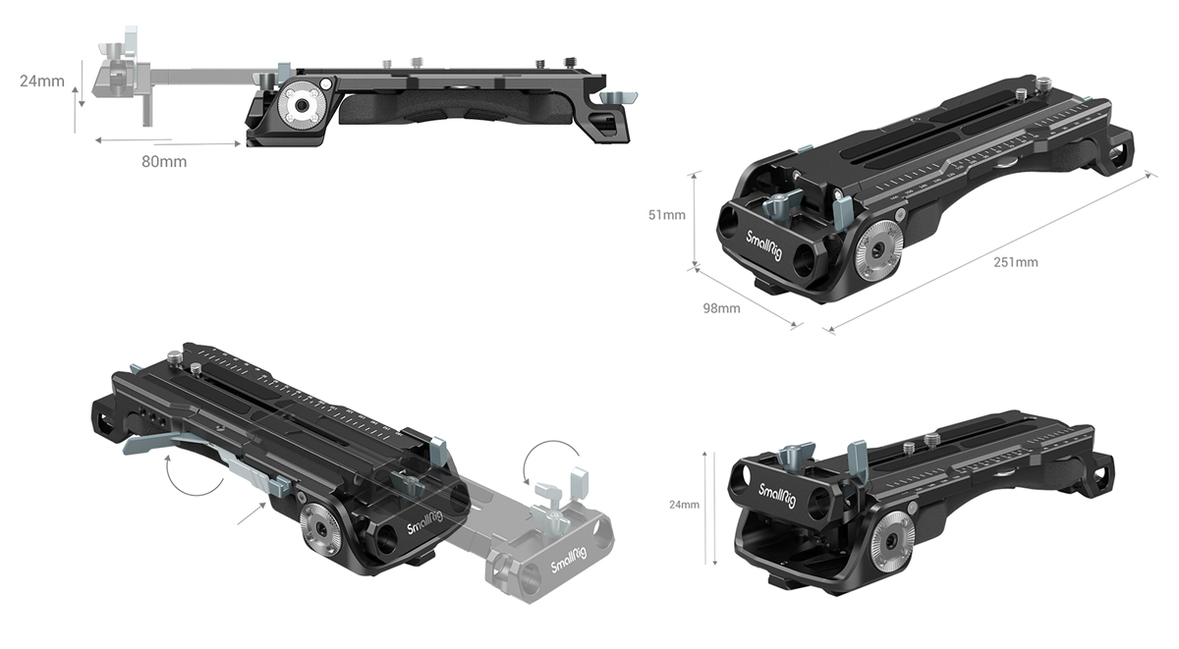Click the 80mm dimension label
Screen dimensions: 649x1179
(164, 161)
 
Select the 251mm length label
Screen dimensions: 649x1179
(1016, 262)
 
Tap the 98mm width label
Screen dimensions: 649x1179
(721, 308)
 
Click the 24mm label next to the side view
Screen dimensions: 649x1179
(42, 81)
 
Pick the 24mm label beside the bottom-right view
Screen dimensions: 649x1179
(685, 505)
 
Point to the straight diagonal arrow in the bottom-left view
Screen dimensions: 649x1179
(252, 513)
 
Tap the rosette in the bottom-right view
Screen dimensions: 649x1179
(890, 534)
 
